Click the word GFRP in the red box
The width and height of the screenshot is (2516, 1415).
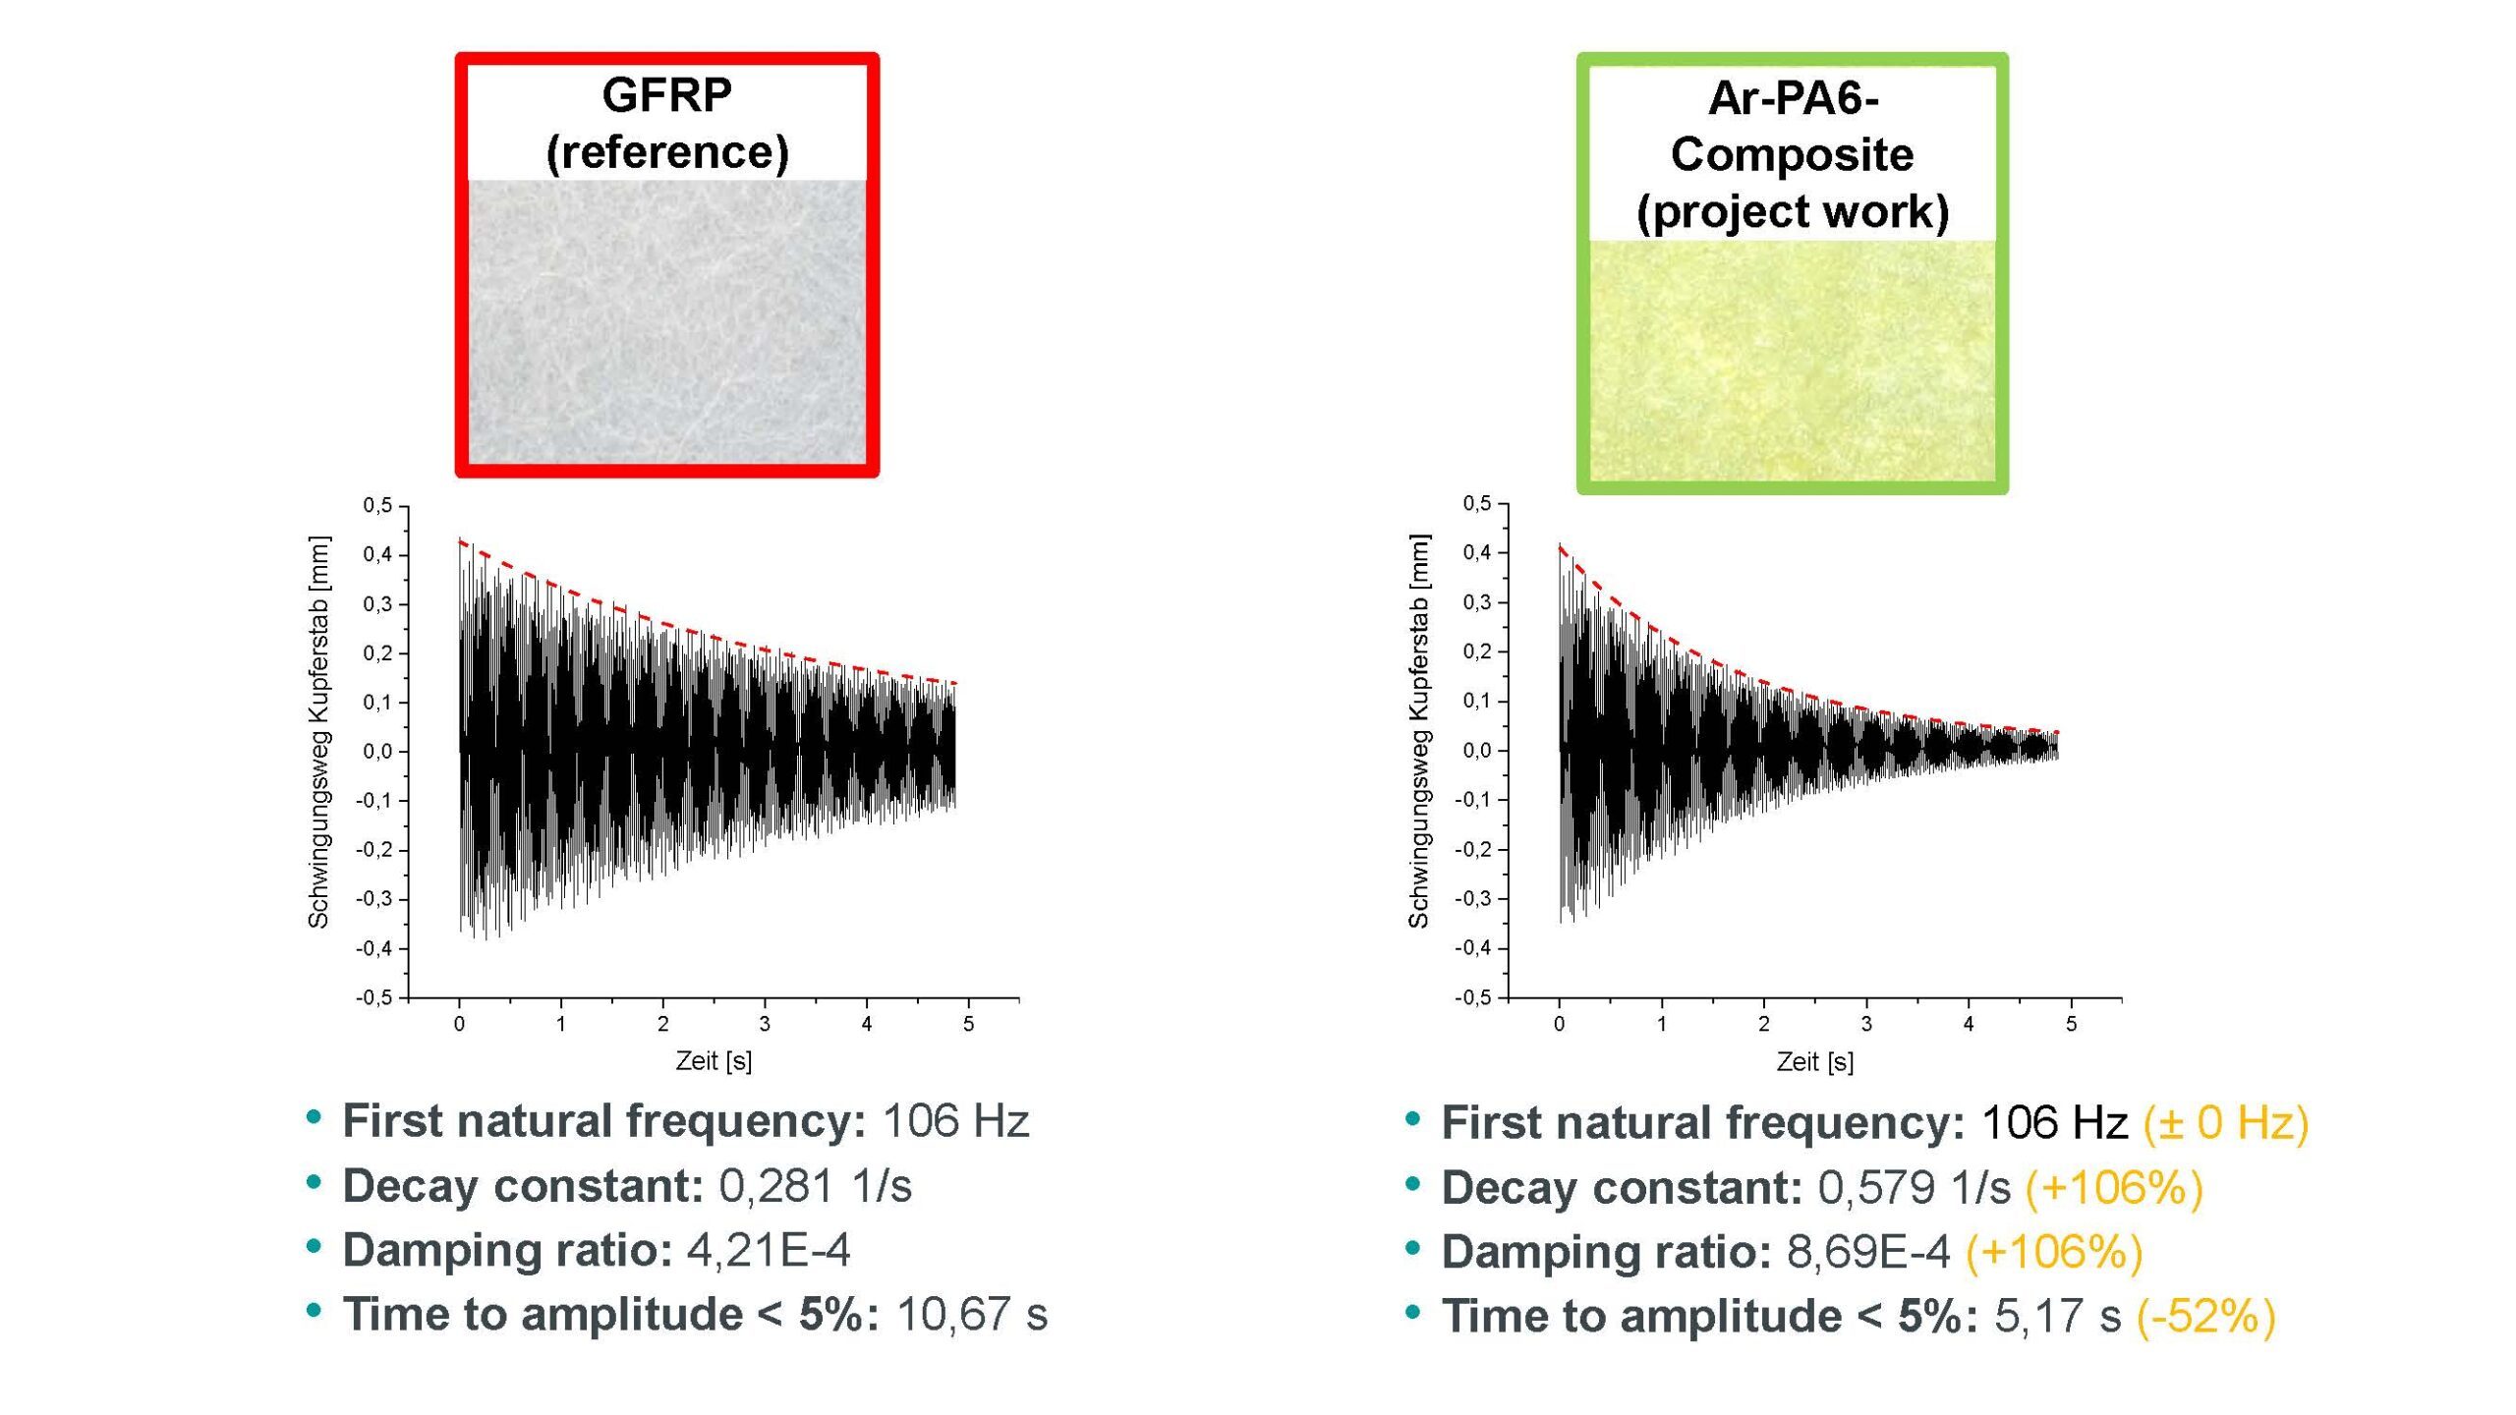click(666, 95)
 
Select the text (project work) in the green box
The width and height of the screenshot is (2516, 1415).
click(1792, 212)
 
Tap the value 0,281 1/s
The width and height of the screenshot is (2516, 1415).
click(815, 1186)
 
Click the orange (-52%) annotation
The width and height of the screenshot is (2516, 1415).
click(2205, 1317)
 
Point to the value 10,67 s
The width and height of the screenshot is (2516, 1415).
click(971, 1315)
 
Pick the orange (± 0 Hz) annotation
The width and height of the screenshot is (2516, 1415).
click(2225, 1122)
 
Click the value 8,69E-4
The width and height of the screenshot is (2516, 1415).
click(1867, 1252)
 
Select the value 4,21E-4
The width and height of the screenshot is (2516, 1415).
click(768, 1250)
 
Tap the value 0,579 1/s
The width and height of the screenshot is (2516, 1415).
click(1914, 1187)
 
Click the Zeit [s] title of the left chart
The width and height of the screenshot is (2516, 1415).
click(714, 1061)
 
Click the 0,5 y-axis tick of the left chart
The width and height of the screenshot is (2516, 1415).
click(377, 506)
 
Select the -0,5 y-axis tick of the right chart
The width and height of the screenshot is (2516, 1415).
click(1472, 998)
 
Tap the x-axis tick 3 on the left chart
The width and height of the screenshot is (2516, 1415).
click(765, 1025)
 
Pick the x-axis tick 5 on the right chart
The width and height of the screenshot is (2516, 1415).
click(2071, 1025)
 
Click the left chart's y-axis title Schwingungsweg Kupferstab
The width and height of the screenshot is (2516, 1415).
click(318, 732)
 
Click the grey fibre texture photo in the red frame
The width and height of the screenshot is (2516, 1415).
click(666, 321)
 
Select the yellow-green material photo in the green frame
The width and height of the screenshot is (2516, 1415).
click(1792, 361)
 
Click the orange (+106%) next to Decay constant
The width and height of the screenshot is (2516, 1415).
click(2114, 1187)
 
